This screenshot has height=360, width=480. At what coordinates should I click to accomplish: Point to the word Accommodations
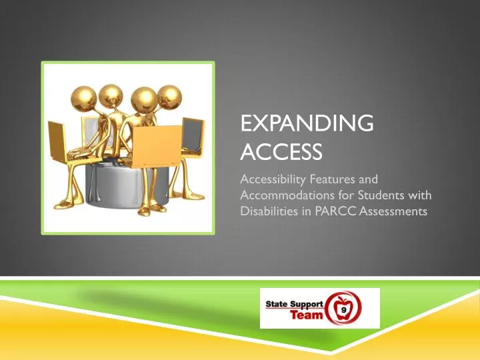(x=283, y=197)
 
